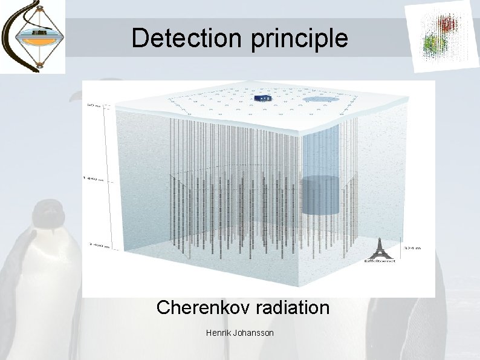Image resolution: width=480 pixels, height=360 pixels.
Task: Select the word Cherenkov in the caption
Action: pos(200,307)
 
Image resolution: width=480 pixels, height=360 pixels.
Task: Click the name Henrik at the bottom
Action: pos(218,333)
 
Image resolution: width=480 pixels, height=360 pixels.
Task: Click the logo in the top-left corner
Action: pos(33,36)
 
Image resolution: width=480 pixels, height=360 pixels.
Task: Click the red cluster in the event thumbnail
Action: pos(448,24)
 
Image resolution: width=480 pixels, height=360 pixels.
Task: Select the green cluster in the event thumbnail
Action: pos(431,44)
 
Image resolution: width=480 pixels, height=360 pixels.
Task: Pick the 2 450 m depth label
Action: pos(92,245)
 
